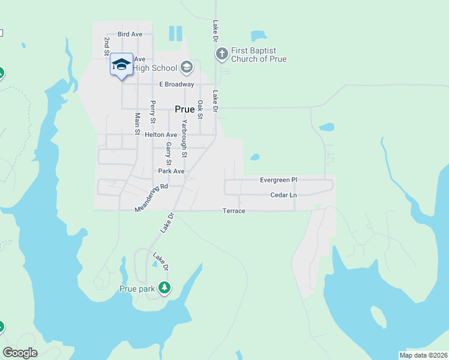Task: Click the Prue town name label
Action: click(x=184, y=109)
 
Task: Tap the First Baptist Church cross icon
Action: click(x=221, y=54)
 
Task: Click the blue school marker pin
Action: click(x=121, y=65)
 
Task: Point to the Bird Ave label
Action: click(x=130, y=34)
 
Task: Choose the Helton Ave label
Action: click(x=161, y=135)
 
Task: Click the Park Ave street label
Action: click(x=170, y=171)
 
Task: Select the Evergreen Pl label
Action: click(x=279, y=180)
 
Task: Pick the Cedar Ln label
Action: click(x=283, y=195)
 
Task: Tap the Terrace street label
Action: click(x=234, y=211)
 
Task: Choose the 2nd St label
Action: click(x=106, y=46)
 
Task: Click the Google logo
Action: click(x=20, y=353)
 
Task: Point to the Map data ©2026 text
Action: click(x=423, y=355)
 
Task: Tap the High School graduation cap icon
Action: click(x=186, y=67)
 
